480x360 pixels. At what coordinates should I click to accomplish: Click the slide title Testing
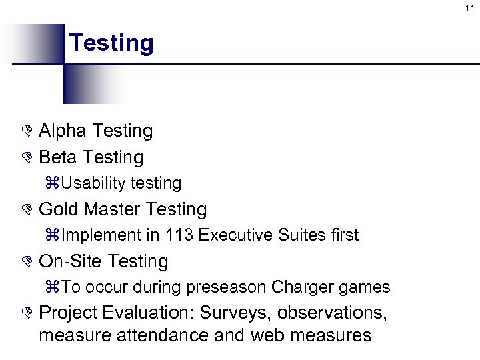tap(111, 43)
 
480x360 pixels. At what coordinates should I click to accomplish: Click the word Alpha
tap(63, 131)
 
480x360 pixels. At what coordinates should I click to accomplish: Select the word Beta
tap(59, 157)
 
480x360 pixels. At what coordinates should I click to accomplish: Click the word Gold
tap(59, 209)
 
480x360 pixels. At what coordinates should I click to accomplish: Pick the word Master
tap(112, 209)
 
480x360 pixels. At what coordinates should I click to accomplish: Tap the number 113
tap(180, 235)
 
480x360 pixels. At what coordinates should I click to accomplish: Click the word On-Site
tap(71, 261)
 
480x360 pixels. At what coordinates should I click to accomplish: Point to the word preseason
tap(226, 287)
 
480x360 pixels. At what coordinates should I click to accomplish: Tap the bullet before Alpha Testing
tap(27, 131)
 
